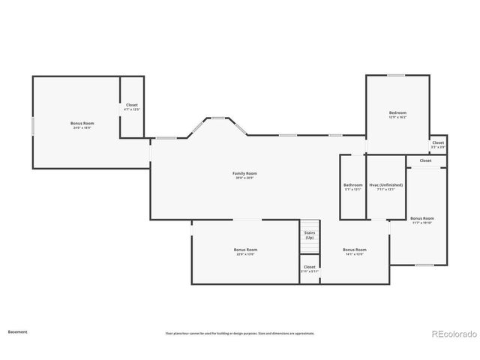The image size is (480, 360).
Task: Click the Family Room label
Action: (245, 175)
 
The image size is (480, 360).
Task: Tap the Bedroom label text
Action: (397, 115)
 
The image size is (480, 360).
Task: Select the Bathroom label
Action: (352, 187)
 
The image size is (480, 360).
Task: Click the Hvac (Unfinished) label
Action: (385, 187)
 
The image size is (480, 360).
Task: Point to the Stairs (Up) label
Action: (309, 235)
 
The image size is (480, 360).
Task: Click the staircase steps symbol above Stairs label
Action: (310, 225)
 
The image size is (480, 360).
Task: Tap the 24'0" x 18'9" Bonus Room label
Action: (82, 124)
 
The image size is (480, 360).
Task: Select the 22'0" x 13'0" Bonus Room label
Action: (245, 251)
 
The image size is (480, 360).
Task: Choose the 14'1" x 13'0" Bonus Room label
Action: (354, 251)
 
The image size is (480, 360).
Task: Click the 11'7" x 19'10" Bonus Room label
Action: (422, 220)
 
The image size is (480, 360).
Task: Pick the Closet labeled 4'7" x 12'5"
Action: (132, 107)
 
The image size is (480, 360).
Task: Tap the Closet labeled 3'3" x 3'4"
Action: (438, 144)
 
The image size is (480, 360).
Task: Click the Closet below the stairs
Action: (310, 268)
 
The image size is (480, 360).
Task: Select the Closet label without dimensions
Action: (425, 160)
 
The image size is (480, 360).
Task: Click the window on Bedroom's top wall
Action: (396, 75)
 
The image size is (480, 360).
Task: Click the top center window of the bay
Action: (219, 118)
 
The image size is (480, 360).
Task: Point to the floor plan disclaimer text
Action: (240, 333)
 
